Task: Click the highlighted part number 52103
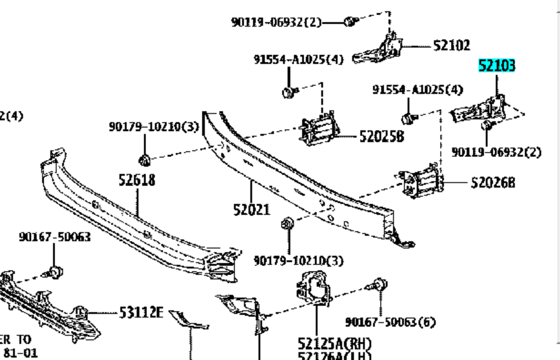click(496, 66)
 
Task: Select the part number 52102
click(452, 46)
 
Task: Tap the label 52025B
click(381, 137)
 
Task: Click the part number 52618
click(136, 179)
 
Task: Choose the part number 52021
click(251, 210)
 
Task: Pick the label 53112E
click(140, 313)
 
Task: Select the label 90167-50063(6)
click(390, 322)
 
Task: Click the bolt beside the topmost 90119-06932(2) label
click(350, 22)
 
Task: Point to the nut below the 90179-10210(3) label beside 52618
click(144, 161)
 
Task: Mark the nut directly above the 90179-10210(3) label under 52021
click(288, 224)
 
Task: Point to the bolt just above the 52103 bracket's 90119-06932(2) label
click(487, 126)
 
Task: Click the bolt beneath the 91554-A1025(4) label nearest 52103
click(410, 116)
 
